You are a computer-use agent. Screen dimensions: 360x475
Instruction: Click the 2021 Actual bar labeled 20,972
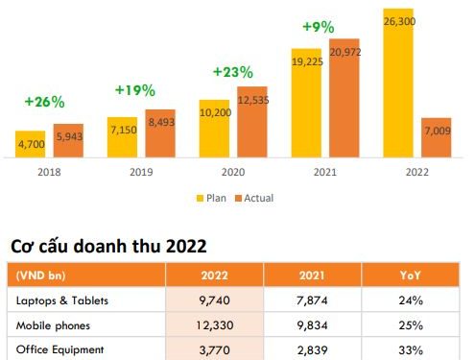[x=344, y=96]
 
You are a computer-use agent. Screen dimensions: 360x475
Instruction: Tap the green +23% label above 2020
[x=232, y=71]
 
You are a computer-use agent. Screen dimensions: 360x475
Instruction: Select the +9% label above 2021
[x=325, y=25]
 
